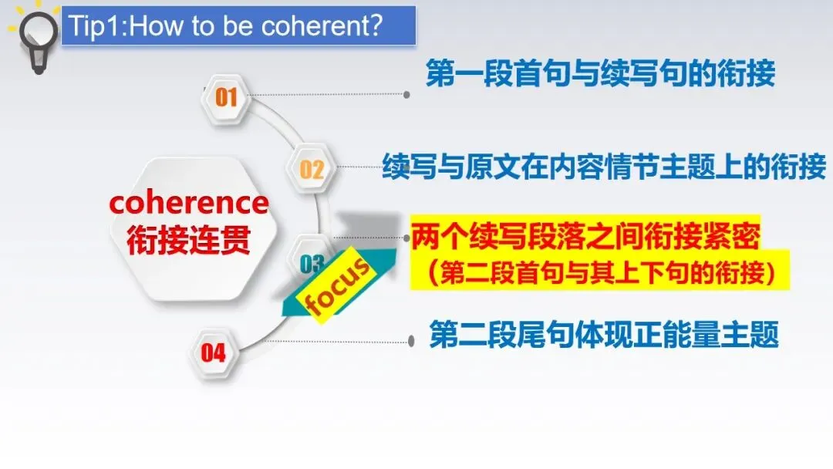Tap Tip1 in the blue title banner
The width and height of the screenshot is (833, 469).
96,25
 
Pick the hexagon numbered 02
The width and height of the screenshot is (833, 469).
312,170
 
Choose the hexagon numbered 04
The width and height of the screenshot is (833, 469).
214,353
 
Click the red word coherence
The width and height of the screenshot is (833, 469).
189,203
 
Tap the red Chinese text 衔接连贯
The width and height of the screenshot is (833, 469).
189,240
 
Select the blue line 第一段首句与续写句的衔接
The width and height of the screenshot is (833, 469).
600,73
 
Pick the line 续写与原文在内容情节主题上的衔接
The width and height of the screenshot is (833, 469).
604,167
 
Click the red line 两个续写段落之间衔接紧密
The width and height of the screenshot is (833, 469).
585,236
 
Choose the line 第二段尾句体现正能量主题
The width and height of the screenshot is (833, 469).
604,334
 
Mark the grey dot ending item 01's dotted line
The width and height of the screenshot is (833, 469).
406,95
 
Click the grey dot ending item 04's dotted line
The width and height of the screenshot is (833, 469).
411,341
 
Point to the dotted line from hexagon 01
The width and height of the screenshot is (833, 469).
327,95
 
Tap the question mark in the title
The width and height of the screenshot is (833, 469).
375,25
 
